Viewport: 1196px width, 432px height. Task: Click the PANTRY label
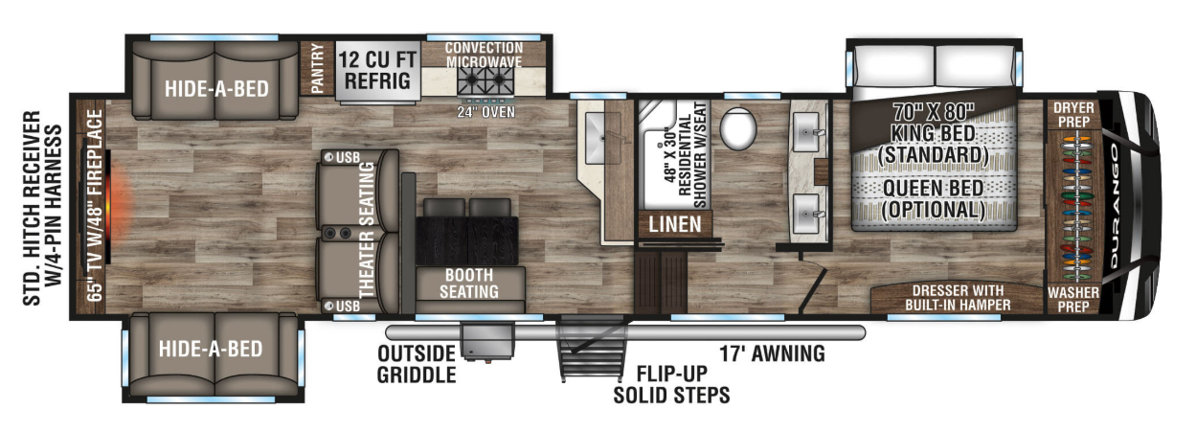317,68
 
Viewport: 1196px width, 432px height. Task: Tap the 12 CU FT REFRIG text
377,70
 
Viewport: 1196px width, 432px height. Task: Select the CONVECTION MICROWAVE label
484,55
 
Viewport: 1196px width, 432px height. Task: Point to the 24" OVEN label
485,112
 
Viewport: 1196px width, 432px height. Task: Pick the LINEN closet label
675,224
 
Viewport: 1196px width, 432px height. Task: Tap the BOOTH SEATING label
469,283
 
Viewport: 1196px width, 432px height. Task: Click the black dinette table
467,240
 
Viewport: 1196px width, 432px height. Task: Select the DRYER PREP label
1073,115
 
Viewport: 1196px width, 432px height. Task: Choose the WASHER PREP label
1073,300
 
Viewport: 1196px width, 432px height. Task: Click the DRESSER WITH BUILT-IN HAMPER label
958,298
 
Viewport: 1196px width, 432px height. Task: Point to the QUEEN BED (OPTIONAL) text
934,199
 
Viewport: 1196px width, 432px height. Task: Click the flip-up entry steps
591,348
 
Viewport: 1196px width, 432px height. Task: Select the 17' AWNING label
772,353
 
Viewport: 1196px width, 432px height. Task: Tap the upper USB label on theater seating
348,158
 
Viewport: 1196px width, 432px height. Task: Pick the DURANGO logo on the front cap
1115,206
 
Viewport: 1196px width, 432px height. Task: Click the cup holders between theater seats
337,233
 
